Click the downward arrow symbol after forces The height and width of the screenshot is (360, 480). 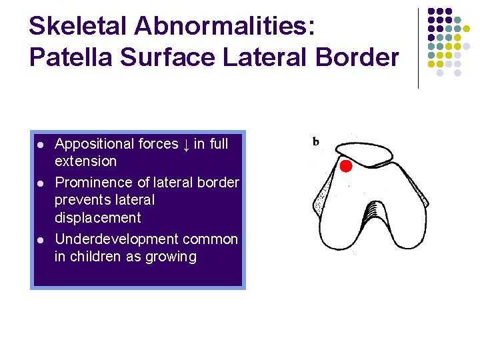186,144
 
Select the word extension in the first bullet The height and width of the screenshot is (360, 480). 85,161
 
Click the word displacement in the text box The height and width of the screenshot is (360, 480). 97,217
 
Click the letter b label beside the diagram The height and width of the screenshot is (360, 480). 316,141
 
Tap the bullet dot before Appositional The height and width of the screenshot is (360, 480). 41,145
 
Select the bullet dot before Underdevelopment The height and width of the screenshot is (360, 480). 41,240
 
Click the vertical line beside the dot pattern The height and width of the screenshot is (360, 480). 418,48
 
